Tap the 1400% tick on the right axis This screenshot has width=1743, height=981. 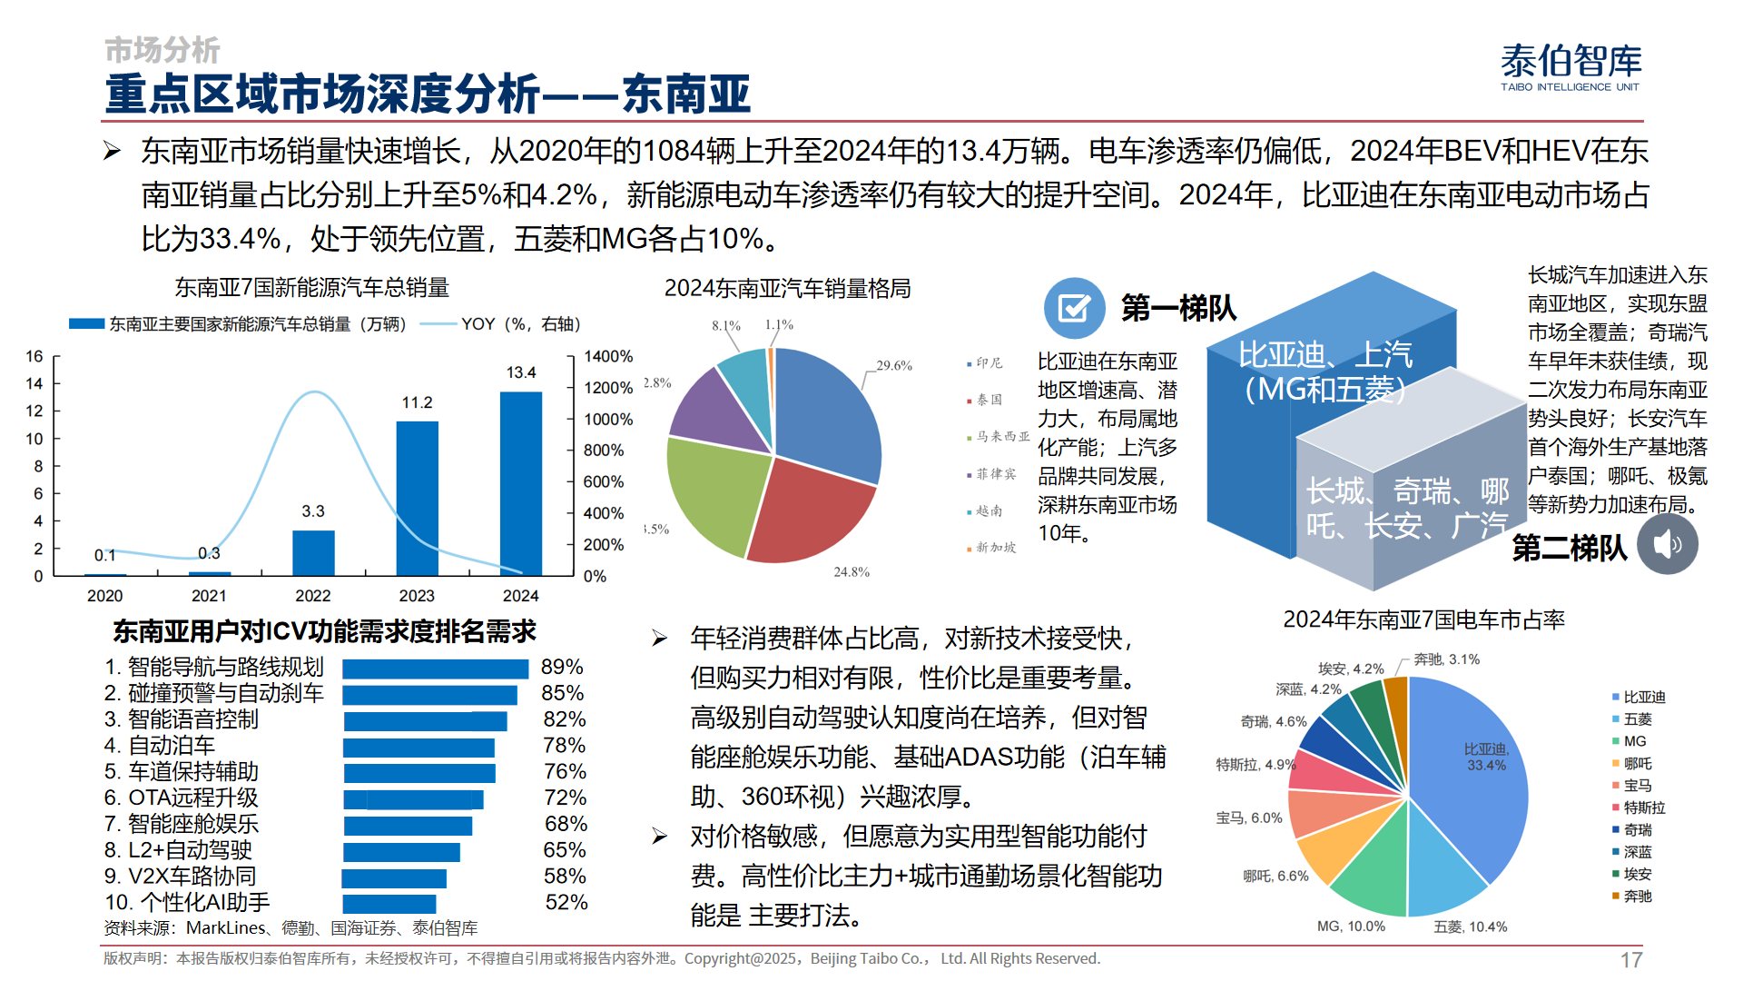click(607, 356)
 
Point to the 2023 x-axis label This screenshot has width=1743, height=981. click(417, 596)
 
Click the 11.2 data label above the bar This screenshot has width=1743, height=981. click(417, 402)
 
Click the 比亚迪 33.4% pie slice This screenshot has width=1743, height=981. click(1471, 772)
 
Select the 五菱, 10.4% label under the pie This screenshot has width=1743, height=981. click(1470, 926)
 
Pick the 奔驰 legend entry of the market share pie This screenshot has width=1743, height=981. click(1637, 897)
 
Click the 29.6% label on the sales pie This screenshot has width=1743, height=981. click(893, 365)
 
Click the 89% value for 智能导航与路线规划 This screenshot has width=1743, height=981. click(562, 667)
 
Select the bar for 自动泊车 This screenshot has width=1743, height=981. click(419, 747)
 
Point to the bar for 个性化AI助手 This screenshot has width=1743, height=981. click(389, 904)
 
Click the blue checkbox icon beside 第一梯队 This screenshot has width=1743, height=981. click(1074, 308)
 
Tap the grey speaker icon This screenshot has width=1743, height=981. click(1668, 544)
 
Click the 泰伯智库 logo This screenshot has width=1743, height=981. click(1571, 67)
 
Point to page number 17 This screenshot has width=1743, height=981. click(1631, 960)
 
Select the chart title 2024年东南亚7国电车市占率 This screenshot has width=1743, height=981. click(1423, 619)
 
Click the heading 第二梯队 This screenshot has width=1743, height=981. click(1569, 548)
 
